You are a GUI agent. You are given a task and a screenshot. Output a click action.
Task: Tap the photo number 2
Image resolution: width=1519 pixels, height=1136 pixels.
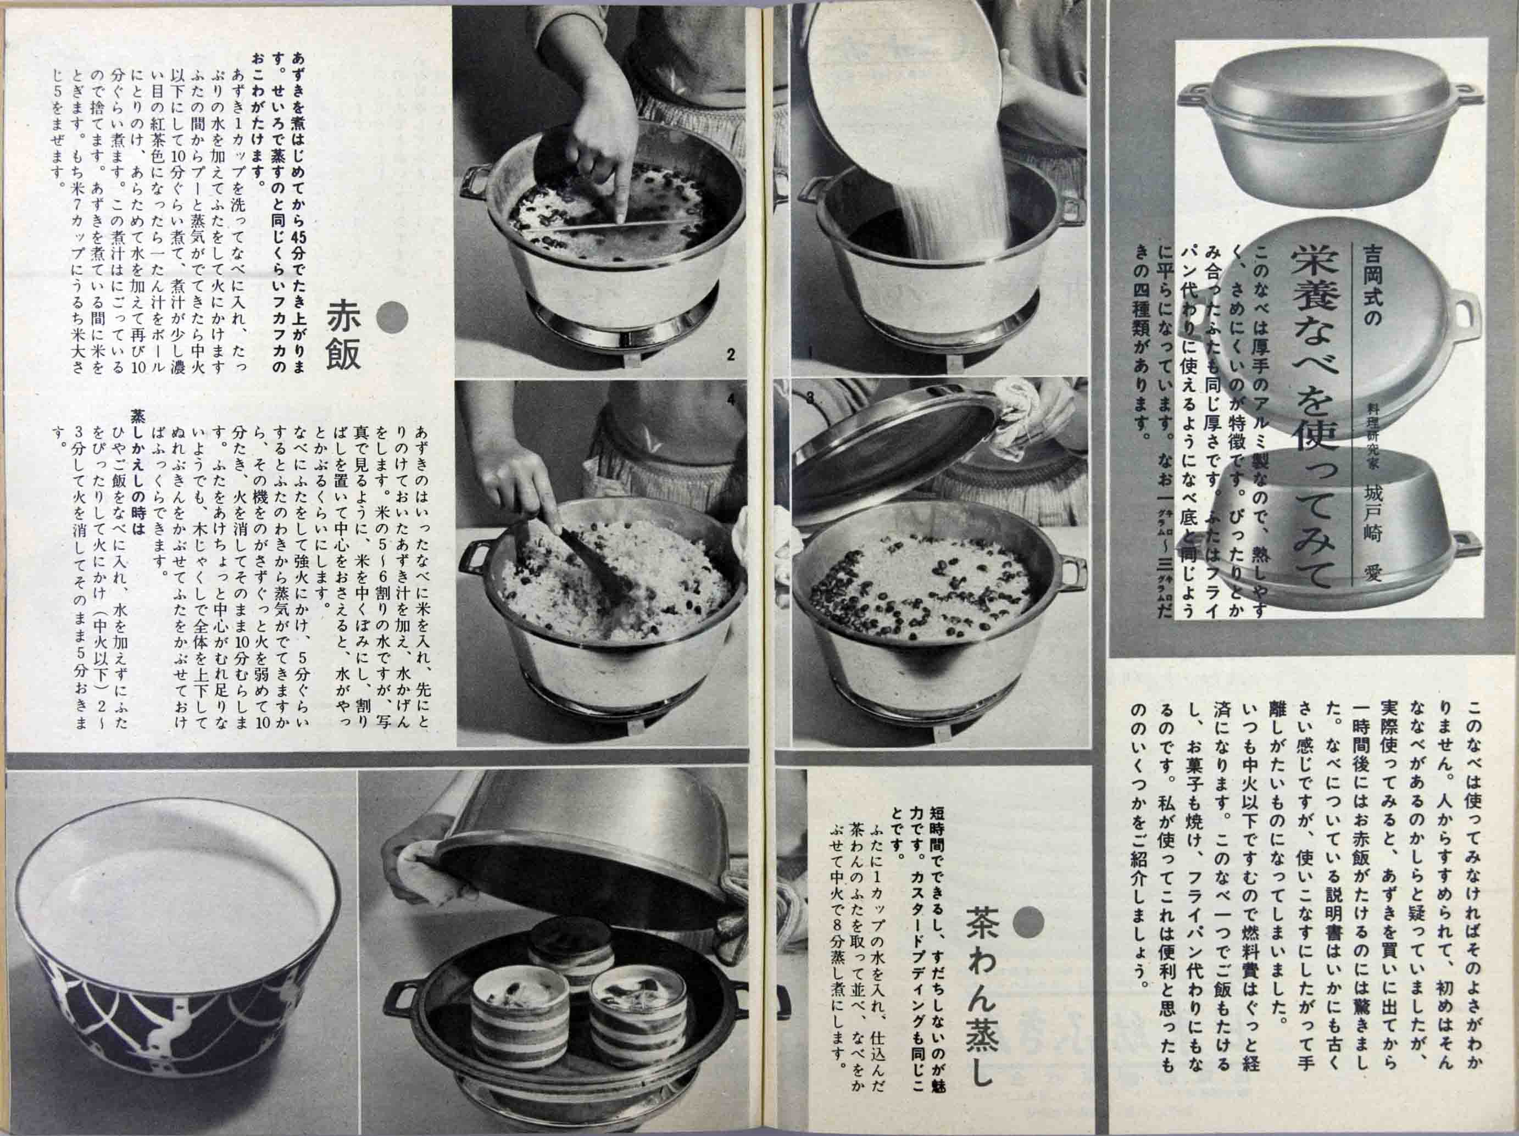[730, 355]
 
